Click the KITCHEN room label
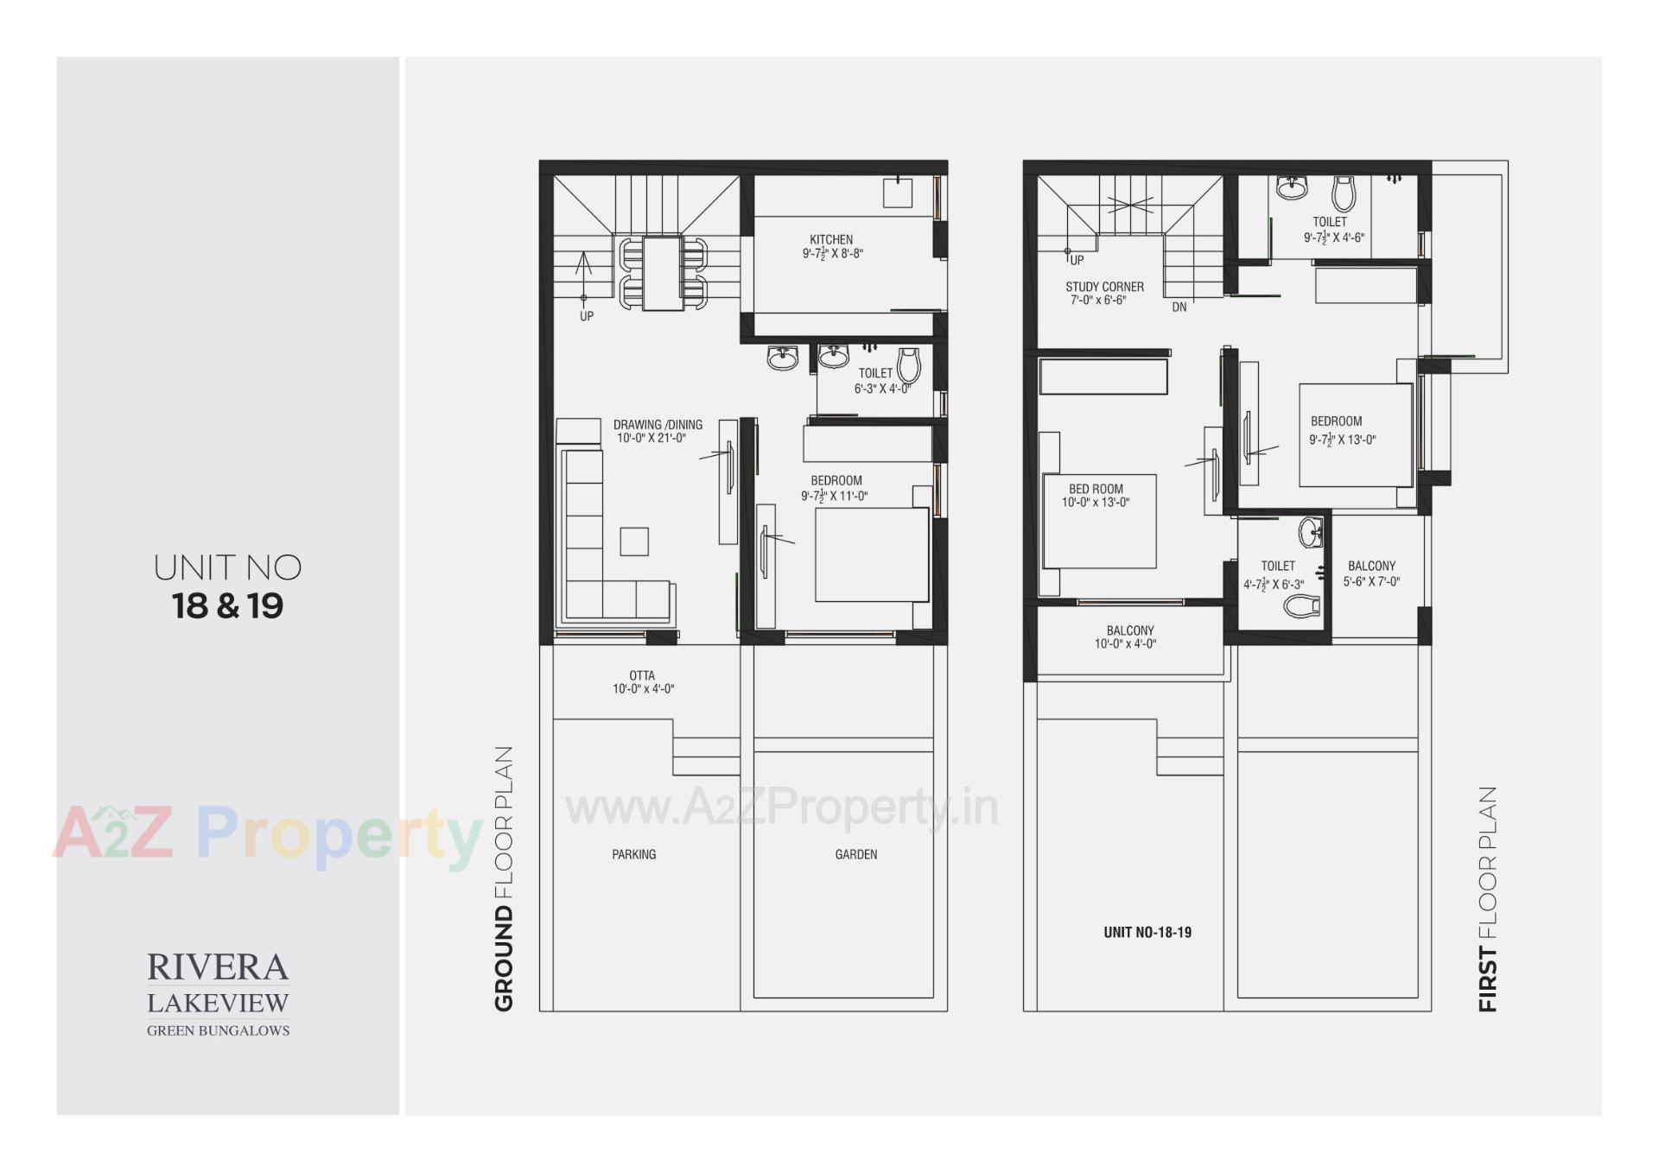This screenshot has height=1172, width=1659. [831, 239]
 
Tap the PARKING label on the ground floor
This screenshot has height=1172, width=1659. [634, 854]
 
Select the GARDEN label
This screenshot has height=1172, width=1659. [855, 854]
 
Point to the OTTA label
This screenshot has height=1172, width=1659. [642, 675]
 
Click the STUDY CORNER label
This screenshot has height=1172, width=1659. [1104, 287]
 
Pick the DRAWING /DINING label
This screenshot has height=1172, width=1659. [658, 425]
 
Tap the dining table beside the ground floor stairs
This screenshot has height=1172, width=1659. [664, 273]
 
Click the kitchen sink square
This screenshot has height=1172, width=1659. [897, 193]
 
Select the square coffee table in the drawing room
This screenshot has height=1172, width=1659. [634, 542]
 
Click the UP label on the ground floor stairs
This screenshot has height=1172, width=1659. [587, 317]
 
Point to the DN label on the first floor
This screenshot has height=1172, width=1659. [1179, 307]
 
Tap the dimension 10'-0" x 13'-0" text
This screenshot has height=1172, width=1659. [1096, 503]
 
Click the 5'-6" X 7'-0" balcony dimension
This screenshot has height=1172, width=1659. [1371, 582]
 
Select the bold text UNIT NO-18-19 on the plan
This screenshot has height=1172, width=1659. [1147, 933]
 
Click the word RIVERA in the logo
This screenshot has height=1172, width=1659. [218, 967]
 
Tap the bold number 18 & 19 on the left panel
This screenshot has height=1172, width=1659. [227, 606]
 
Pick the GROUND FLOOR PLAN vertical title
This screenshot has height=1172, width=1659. [504, 878]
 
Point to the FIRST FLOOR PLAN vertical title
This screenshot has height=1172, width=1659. [1487, 898]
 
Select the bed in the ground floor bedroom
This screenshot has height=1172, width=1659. [872, 555]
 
